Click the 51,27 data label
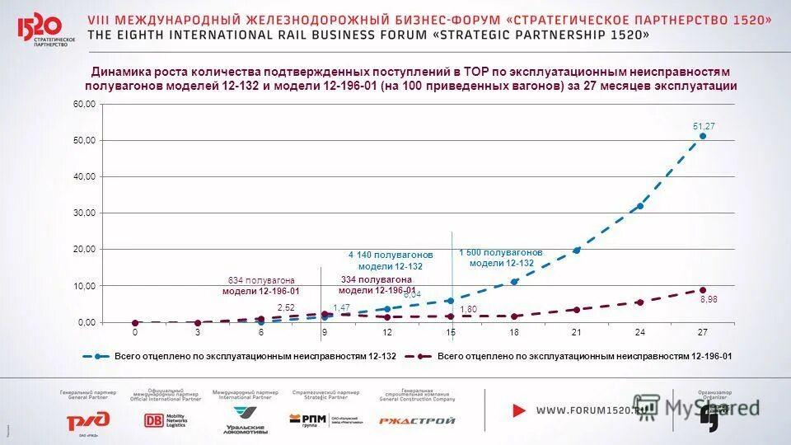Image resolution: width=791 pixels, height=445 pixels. pyautogui.click(x=703, y=125)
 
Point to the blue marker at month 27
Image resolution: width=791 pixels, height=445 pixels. pyautogui.click(x=703, y=136)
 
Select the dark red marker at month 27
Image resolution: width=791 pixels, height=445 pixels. pyautogui.click(x=703, y=290)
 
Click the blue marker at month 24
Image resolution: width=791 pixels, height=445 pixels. pyautogui.click(x=639, y=206)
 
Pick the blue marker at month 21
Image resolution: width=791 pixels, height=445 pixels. pyautogui.click(x=577, y=250)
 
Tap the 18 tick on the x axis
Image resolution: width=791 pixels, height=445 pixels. pyautogui.click(x=513, y=332)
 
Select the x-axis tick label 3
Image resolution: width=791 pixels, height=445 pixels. pyautogui.click(x=198, y=332)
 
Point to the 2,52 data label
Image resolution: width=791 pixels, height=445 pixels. pyautogui.click(x=286, y=307)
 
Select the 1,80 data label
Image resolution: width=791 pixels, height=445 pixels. pyautogui.click(x=468, y=309)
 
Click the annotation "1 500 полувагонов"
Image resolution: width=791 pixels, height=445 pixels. pyautogui.click(x=501, y=252)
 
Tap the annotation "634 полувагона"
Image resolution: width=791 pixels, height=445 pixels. pyautogui.click(x=260, y=281)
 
